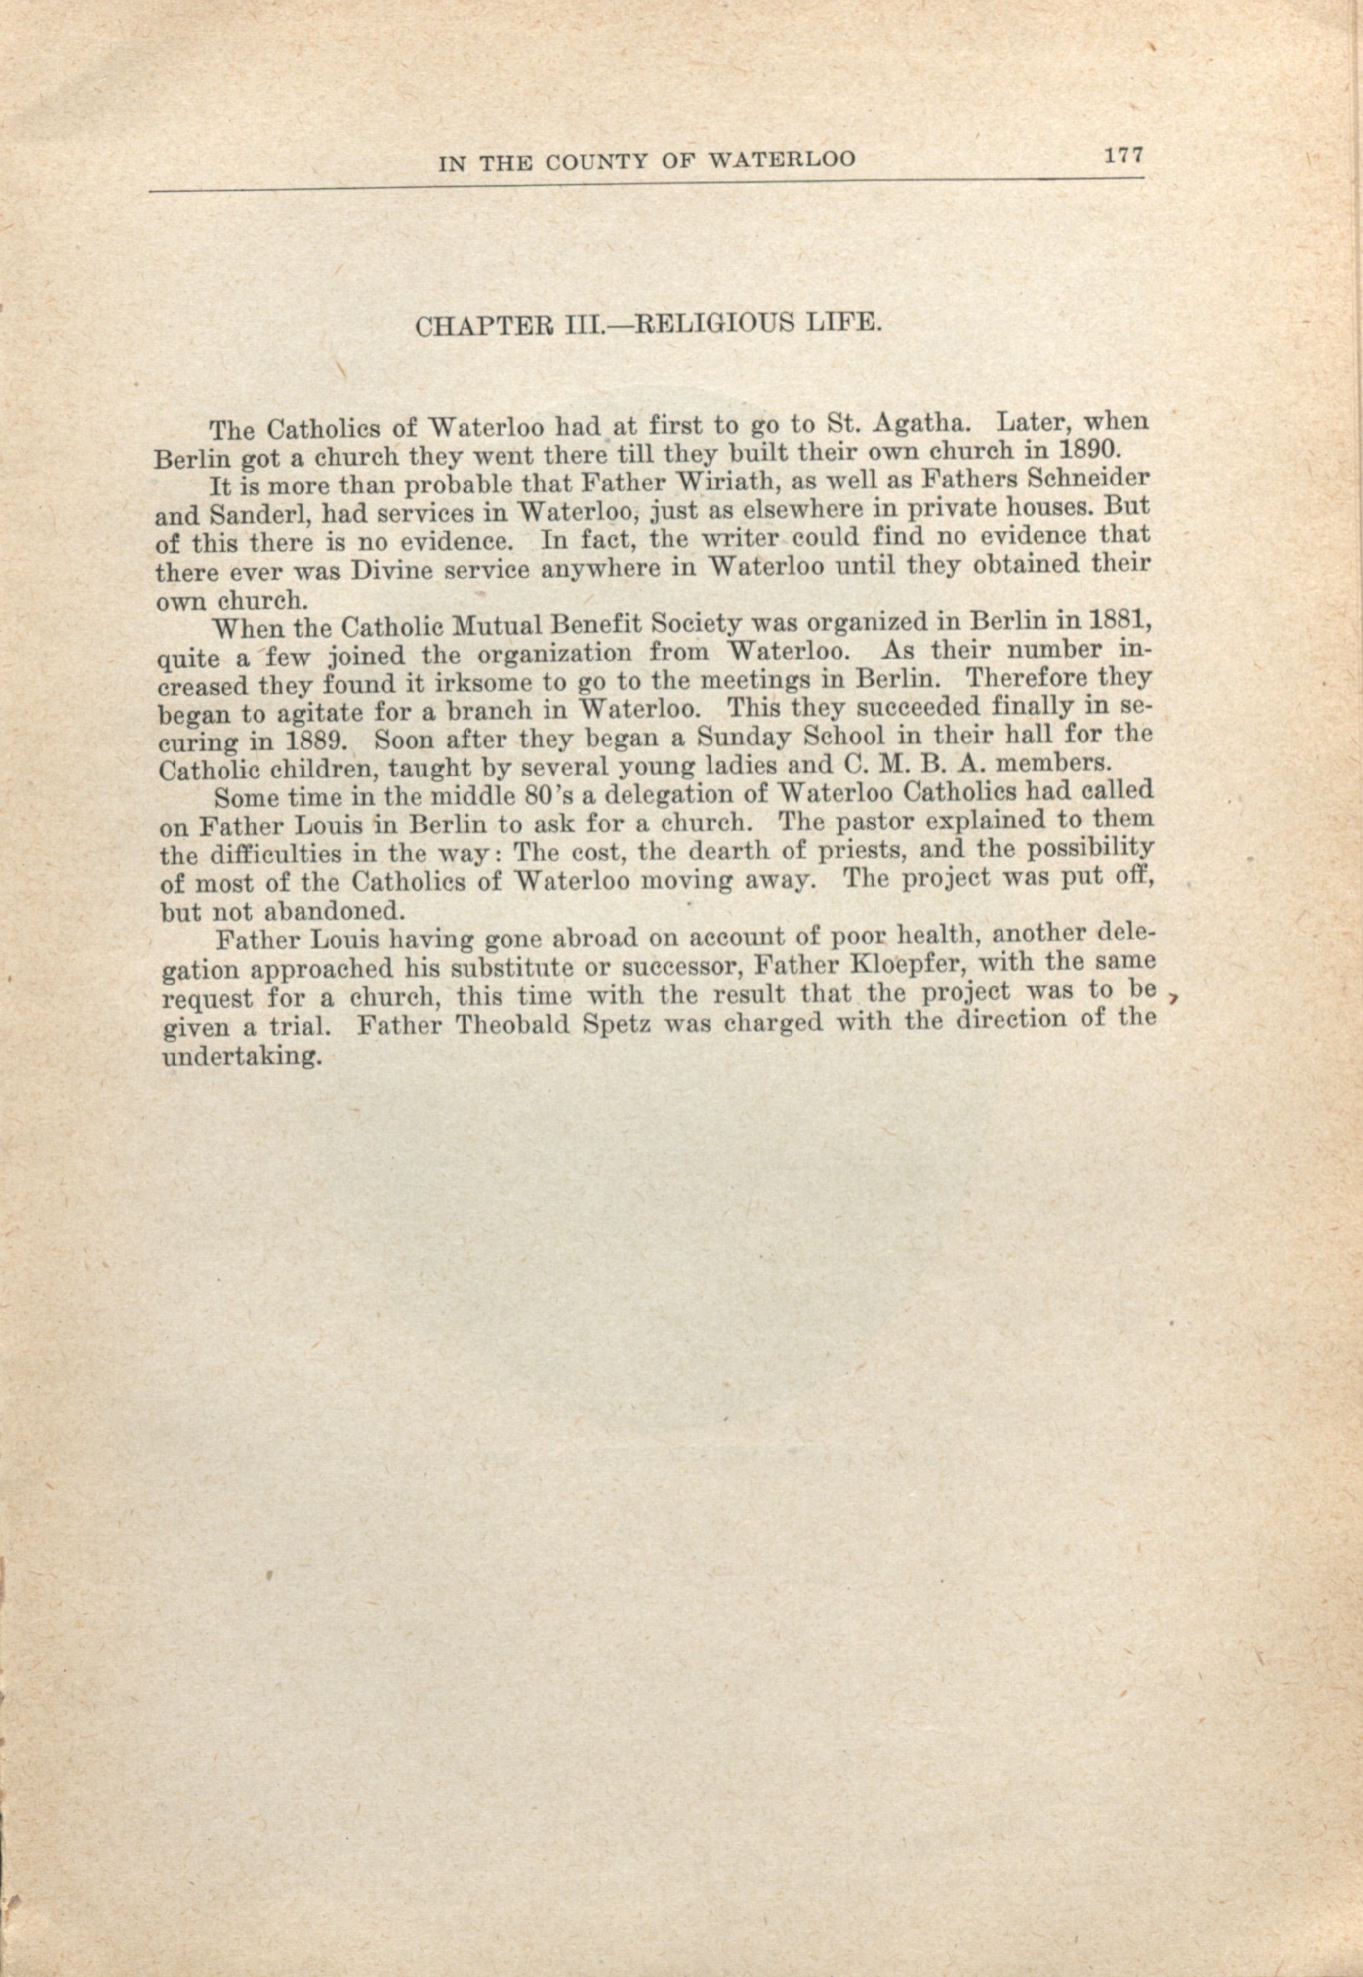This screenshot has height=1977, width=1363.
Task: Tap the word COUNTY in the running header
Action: [594, 161]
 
